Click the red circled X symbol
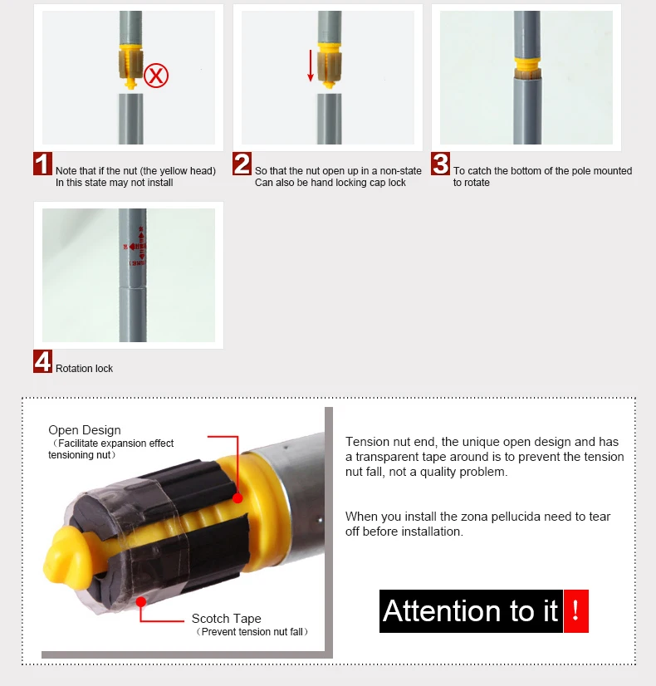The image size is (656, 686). pos(156,76)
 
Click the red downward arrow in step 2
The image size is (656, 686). pos(311,66)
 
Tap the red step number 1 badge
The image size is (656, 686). pos(42,164)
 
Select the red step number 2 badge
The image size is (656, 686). pos(242,164)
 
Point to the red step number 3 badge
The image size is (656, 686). pos(440,164)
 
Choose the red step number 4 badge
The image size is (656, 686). pos(42,361)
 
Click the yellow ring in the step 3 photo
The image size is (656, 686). pos(527,63)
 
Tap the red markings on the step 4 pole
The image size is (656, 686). pos(135,247)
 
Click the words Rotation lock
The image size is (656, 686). pos(84,369)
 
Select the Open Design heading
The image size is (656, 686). pos(85,430)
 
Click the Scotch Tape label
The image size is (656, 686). pos(226,618)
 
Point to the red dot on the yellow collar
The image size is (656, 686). pos(237,497)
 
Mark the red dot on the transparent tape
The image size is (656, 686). pos(141,602)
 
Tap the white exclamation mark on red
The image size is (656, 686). pos(575,610)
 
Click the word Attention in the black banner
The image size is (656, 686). pos(442,610)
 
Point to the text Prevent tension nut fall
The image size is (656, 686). pos(252,632)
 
